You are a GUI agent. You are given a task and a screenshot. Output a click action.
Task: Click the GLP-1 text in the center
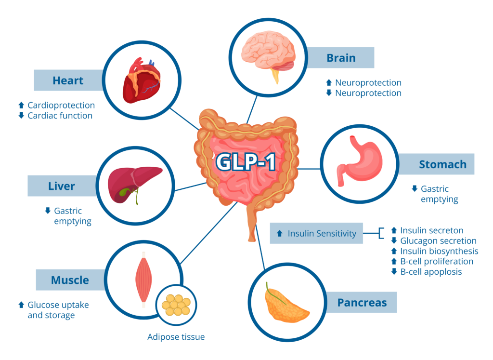(246, 162)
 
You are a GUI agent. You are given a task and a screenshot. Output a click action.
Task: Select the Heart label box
(68, 80)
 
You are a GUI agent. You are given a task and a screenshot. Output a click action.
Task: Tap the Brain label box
(341, 58)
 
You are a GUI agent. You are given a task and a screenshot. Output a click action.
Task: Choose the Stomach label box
(442, 164)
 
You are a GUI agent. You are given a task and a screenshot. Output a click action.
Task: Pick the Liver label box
(62, 186)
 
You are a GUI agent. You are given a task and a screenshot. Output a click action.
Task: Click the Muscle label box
(70, 280)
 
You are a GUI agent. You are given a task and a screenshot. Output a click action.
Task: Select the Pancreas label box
(362, 303)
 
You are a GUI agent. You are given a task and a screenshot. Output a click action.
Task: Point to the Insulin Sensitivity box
(316, 234)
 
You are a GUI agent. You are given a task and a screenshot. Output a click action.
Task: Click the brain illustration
(268, 53)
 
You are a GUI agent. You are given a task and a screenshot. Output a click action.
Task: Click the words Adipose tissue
(176, 337)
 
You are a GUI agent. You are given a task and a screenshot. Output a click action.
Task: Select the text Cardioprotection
(61, 105)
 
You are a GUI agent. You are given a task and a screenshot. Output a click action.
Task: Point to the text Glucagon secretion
(438, 241)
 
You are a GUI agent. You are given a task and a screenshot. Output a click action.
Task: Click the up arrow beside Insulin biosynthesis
(394, 251)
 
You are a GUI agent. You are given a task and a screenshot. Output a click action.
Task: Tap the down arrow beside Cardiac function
(21, 116)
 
